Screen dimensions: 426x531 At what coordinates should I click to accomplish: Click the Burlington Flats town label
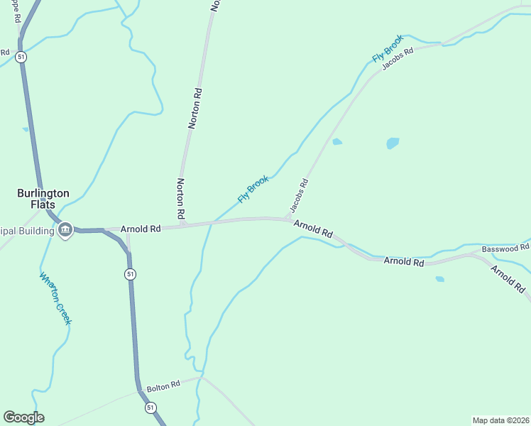click(x=43, y=199)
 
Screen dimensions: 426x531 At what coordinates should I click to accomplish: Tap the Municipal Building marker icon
click(x=65, y=229)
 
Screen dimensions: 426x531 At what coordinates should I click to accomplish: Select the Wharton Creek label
click(x=55, y=299)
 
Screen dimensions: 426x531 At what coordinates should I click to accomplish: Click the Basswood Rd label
click(x=505, y=248)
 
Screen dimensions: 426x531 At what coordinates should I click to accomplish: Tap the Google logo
click(x=23, y=417)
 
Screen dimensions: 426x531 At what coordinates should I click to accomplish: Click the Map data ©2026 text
click(x=500, y=420)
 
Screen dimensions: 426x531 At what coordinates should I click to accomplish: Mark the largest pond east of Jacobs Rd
click(x=393, y=143)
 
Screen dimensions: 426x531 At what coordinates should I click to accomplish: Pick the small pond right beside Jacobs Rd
click(x=337, y=141)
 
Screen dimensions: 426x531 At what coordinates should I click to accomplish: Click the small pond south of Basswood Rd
click(x=439, y=279)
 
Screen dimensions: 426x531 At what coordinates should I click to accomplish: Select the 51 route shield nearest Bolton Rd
click(x=150, y=408)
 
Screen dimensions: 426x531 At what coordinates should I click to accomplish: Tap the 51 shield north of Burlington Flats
click(x=22, y=56)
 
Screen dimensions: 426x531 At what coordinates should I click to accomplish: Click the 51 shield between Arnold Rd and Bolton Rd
click(x=129, y=274)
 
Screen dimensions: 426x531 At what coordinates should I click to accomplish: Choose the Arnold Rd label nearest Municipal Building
click(x=141, y=229)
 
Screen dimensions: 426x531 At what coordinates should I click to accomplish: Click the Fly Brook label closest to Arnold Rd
click(x=253, y=189)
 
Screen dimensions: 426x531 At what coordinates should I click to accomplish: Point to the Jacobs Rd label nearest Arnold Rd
click(x=299, y=197)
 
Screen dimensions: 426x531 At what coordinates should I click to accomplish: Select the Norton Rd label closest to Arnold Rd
click(x=180, y=198)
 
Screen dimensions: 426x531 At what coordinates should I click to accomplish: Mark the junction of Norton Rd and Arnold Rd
click(x=182, y=225)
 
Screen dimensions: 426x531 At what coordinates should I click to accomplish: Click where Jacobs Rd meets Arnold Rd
click(x=287, y=219)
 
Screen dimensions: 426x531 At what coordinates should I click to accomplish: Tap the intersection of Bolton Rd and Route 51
click(x=138, y=390)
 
